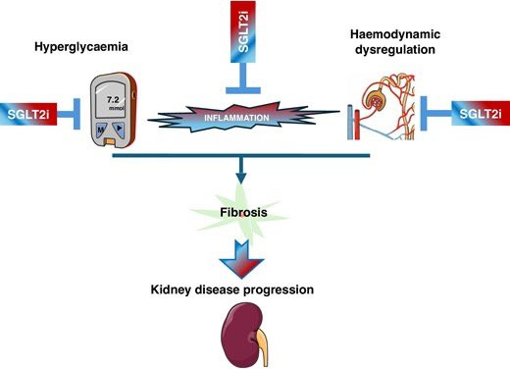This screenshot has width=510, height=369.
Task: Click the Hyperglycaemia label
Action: pos(81,47)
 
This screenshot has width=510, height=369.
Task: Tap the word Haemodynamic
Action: pos(395,34)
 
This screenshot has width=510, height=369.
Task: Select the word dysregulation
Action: pos(395,50)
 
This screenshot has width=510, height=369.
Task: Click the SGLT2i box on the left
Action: pos(28,114)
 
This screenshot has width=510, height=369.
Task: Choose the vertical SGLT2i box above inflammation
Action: pos(243,31)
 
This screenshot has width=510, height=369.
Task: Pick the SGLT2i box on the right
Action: pos(481,114)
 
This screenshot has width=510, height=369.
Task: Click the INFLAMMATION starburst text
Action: pos(236,118)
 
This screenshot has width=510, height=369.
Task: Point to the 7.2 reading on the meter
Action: pos(113,100)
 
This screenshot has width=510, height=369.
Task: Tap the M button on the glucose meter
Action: pos(101,130)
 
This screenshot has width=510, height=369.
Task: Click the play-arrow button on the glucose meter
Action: pos(119,129)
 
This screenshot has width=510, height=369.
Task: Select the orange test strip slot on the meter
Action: pos(111,141)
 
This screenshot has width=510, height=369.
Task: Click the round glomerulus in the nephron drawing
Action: pos(376,99)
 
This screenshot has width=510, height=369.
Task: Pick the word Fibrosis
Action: pos(243,212)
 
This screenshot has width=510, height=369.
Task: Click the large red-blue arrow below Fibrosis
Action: pos(242,259)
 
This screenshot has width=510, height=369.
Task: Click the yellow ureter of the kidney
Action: pos(263,345)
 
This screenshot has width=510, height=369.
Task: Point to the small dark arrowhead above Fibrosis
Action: pos(241,178)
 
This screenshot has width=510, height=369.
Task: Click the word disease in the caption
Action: pos(217,290)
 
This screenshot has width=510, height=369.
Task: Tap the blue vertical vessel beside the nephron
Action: pos(350,122)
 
